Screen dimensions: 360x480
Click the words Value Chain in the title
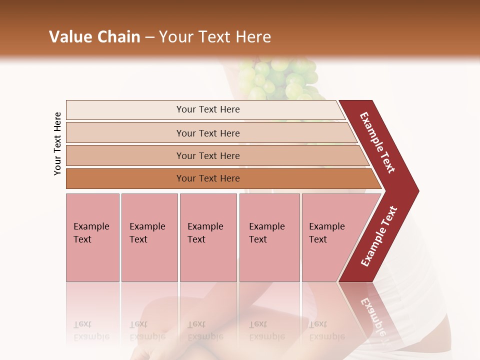pos(94,37)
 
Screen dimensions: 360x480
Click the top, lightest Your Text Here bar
pos(207,109)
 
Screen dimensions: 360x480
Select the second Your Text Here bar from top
pos(207,133)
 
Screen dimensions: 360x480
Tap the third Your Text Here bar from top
pos(207,155)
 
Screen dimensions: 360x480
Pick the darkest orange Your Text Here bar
pos(207,178)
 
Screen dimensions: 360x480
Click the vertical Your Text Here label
pos(57,143)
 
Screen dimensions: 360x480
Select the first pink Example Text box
pos(92,237)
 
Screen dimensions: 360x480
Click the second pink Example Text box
pos(149,237)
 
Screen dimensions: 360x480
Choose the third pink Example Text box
pos(208,237)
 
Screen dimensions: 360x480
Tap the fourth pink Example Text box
pos(269,237)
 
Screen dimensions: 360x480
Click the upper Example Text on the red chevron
pos(377,142)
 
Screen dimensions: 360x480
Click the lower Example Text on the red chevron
pos(378,236)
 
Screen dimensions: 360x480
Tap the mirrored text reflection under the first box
pos(91,330)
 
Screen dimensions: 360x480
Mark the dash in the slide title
pos(149,37)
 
